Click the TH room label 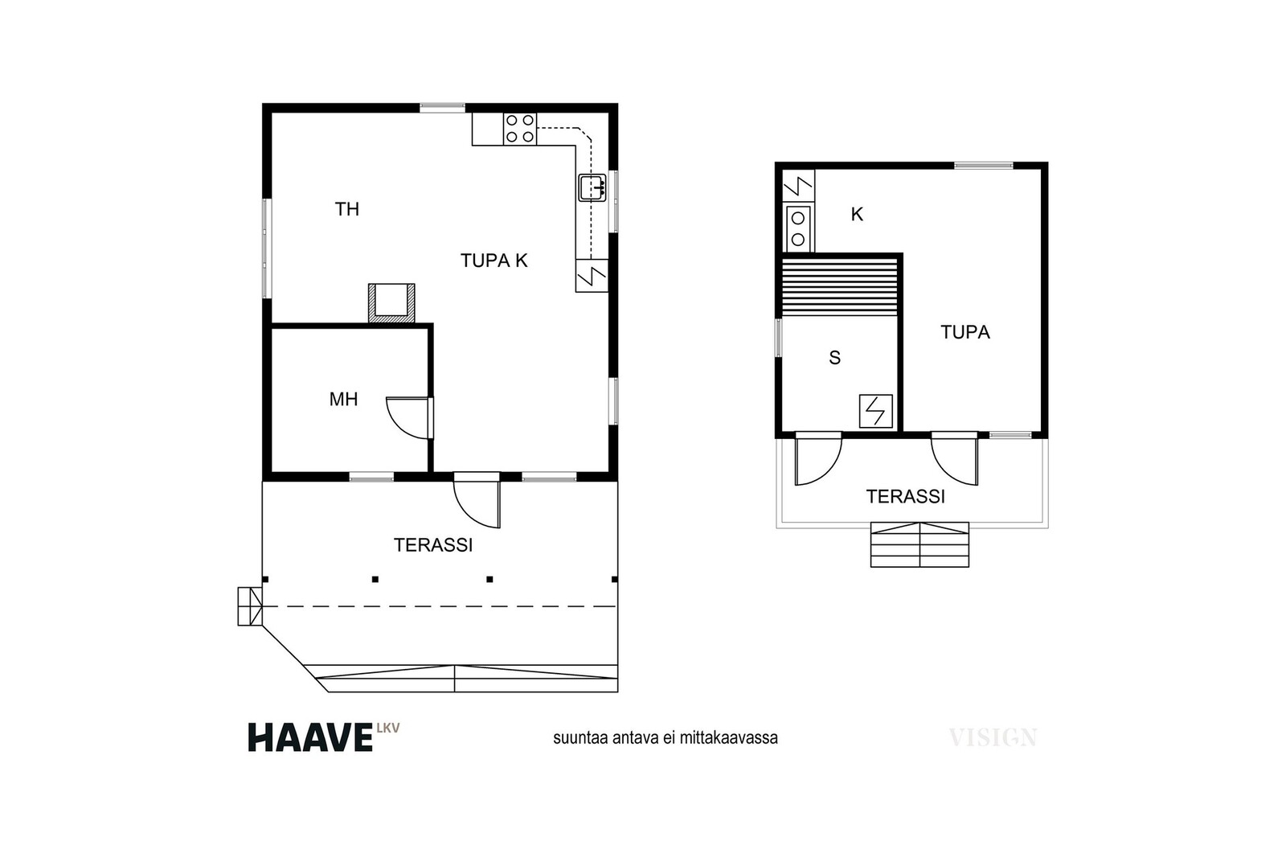point(346,209)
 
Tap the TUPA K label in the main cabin point(494,261)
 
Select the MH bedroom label point(343,399)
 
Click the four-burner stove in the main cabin point(520,129)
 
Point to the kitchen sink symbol point(592,187)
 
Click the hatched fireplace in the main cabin point(391,302)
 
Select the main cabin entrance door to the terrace point(477,499)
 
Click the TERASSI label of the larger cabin point(433,545)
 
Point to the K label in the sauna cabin point(857,214)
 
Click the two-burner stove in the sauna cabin point(798,228)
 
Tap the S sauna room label point(835,358)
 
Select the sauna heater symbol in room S point(875,411)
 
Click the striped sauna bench point(839,287)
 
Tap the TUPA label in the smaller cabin point(965,332)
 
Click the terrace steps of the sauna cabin point(919,544)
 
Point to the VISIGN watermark point(993,737)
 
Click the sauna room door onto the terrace point(818,459)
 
